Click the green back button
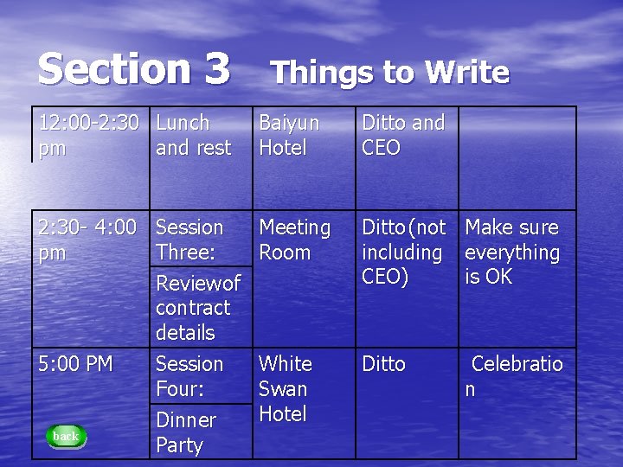pyautogui.click(x=66, y=436)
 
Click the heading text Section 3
pyautogui.click(x=134, y=67)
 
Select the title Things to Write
pyautogui.click(x=390, y=73)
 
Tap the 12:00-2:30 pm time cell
pyautogui.click(x=88, y=136)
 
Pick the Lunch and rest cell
pyautogui.click(x=193, y=136)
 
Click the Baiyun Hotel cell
pyautogui.click(x=289, y=136)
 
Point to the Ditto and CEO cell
pyautogui.click(x=402, y=136)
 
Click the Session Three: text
pyautogui.click(x=189, y=240)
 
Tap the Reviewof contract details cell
pyautogui.click(x=197, y=307)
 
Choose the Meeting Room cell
pyautogui.click(x=295, y=240)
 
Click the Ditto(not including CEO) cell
pyautogui.click(x=403, y=252)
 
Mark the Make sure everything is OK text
pyautogui.click(x=512, y=252)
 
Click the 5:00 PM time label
pyautogui.click(x=75, y=364)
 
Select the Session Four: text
pyautogui.click(x=189, y=376)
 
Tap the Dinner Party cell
pyautogui.click(x=185, y=432)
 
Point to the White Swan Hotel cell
pyautogui.click(x=286, y=388)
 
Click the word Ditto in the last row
pyautogui.click(x=383, y=364)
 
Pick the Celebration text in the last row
pyautogui.click(x=516, y=376)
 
